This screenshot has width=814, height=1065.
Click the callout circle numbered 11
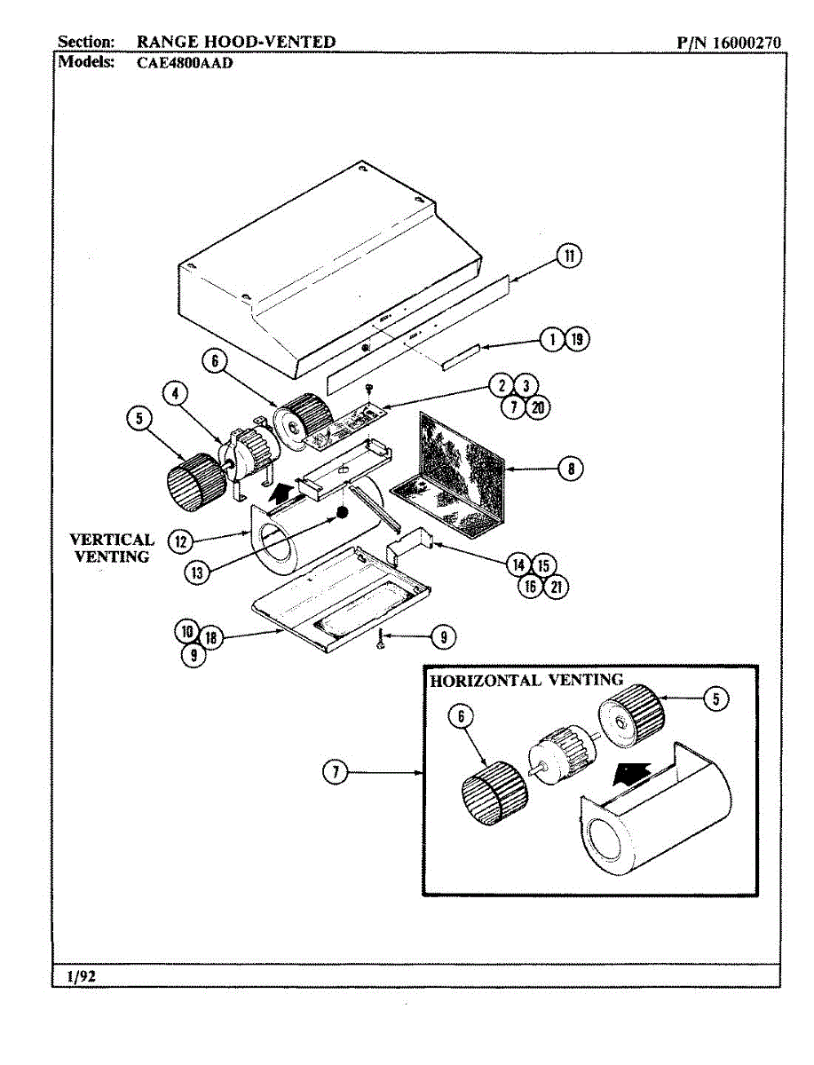click(x=569, y=256)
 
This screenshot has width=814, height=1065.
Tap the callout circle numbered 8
click(x=571, y=469)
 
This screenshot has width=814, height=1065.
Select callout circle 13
click(x=197, y=573)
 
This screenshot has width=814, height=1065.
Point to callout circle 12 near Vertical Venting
click(x=180, y=541)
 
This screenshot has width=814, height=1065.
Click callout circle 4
click(x=175, y=393)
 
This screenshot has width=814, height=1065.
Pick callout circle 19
click(x=577, y=339)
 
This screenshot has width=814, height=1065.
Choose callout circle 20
click(x=538, y=407)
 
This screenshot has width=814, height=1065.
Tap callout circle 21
click(x=556, y=588)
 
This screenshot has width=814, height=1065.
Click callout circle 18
click(x=210, y=637)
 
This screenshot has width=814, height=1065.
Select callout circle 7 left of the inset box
click(x=336, y=772)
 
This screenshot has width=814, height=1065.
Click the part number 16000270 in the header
click(x=747, y=43)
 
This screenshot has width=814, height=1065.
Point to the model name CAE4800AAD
click(x=185, y=63)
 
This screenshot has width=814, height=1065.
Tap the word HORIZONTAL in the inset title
click(x=486, y=681)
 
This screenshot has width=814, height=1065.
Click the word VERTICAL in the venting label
click(x=112, y=540)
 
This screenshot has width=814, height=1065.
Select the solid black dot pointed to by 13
click(x=343, y=513)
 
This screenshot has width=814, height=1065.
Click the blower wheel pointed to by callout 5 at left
click(x=197, y=482)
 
